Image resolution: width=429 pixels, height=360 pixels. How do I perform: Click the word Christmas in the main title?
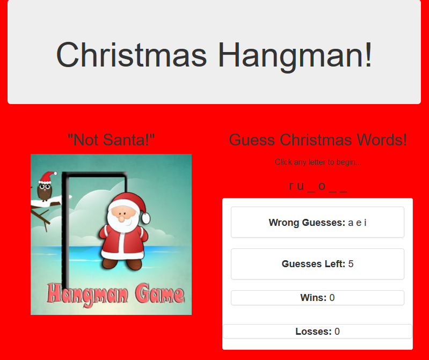132,55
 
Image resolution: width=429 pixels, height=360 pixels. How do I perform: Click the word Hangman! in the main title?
295,55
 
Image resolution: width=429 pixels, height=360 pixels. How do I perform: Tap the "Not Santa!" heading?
111,139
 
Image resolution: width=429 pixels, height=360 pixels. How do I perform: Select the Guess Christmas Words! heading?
318,139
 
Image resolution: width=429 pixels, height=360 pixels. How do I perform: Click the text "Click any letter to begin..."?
318,162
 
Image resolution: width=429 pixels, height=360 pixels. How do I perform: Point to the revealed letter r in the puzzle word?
291,186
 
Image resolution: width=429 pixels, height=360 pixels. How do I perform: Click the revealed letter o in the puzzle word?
322,186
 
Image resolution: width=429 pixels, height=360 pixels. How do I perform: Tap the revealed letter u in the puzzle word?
301,186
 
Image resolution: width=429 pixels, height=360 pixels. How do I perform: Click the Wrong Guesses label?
307,223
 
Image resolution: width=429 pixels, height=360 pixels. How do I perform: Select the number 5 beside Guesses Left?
351,264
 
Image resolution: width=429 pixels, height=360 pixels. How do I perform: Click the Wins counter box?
317,298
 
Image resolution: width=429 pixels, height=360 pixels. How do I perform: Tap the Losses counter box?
317,332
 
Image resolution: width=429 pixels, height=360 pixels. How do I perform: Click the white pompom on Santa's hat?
146,218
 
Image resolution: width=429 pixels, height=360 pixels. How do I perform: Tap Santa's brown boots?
122,264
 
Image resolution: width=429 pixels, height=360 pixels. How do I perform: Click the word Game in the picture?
159,295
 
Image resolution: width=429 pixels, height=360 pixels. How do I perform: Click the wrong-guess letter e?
359,223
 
